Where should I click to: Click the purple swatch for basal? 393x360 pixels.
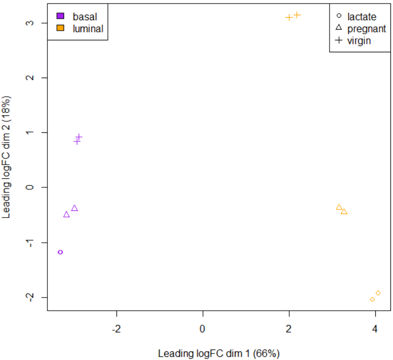[60, 17]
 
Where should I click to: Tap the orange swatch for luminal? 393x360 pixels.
[60, 29]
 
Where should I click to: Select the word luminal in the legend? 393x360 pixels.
[88, 29]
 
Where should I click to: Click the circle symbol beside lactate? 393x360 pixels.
[339, 17]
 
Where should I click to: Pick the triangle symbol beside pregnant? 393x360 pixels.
[339, 29]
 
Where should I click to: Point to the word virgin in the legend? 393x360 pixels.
[359, 41]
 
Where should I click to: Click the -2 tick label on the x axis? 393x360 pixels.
[116, 329]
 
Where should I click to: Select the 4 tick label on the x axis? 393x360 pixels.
[375, 329]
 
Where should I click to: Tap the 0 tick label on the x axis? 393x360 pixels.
[203, 329]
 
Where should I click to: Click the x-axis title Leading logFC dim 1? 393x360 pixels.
[219, 353]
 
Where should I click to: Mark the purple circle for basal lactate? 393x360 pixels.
[60, 252]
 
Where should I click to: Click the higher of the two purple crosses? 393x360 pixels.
[79, 137]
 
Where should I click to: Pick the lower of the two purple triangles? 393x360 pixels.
[67, 214]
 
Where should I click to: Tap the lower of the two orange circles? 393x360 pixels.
[372, 300]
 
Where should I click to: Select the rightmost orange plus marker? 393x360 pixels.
[297, 15]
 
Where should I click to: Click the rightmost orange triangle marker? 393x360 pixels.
[344, 212]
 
